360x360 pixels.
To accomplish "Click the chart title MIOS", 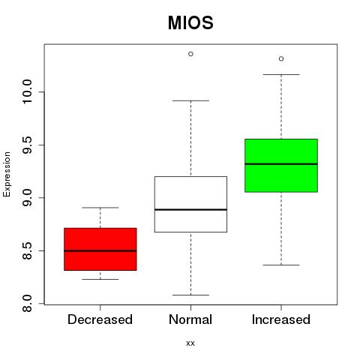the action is [x=190, y=22].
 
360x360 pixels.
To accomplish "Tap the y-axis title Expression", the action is [x=7, y=175].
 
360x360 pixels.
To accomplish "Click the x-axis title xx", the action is [x=190, y=343].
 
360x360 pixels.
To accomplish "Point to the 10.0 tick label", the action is [x=27, y=91].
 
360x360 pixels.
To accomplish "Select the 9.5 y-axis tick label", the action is [x=27, y=145].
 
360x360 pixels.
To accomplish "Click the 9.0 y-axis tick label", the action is [x=27, y=198].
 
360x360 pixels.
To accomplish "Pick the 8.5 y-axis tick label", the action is [x=27, y=250].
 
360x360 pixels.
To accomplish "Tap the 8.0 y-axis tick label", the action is [x=27, y=304].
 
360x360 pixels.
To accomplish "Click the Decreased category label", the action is [x=100, y=319].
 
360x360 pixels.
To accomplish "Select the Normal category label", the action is [x=190, y=319].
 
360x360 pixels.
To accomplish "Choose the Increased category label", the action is [x=281, y=319].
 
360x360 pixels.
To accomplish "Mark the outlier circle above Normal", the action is [x=190, y=54].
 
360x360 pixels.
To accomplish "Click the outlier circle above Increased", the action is [x=281, y=58].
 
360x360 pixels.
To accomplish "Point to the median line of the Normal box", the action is [x=190, y=209].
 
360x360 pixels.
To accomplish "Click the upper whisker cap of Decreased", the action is [x=100, y=208].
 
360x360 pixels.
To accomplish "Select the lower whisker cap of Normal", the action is [x=190, y=295].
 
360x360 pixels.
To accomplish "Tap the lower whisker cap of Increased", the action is [x=281, y=265].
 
